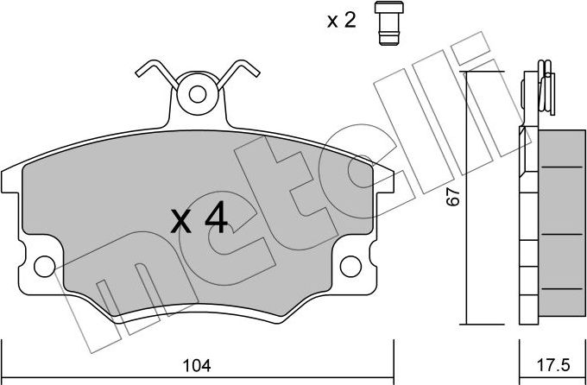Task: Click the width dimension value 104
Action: pyautogui.click(x=197, y=365)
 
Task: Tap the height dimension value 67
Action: pyautogui.click(x=453, y=196)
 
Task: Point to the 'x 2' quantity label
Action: pyautogui.click(x=342, y=21)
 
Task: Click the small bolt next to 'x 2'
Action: pyautogui.click(x=389, y=22)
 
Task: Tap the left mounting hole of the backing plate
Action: pyautogui.click(x=45, y=266)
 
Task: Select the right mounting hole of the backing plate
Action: pyautogui.click(x=350, y=266)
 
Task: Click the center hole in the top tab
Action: pyautogui.click(x=198, y=94)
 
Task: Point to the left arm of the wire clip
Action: pyautogui.click(x=157, y=74)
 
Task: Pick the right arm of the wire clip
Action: pyautogui.click(x=238, y=74)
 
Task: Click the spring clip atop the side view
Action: pyautogui.click(x=546, y=88)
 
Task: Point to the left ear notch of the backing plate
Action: pyautogui.click(x=10, y=182)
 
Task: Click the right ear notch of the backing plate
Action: pyautogui.click(x=384, y=182)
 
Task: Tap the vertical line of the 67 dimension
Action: pyautogui.click(x=466, y=198)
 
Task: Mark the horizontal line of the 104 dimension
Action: pyautogui.click(x=198, y=377)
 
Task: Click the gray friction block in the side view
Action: pyautogui.click(x=562, y=223)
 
